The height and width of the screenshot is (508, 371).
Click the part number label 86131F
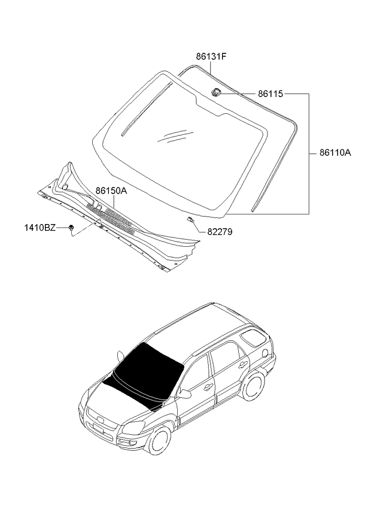click(x=211, y=57)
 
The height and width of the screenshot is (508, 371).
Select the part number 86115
click(x=270, y=94)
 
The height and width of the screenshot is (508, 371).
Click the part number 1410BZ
click(x=40, y=228)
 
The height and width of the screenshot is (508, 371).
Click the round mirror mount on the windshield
click(x=216, y=92)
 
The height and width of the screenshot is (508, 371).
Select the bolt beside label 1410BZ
click(x=71, y=227)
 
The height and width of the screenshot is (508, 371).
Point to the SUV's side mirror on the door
click(x=185, y=394)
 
